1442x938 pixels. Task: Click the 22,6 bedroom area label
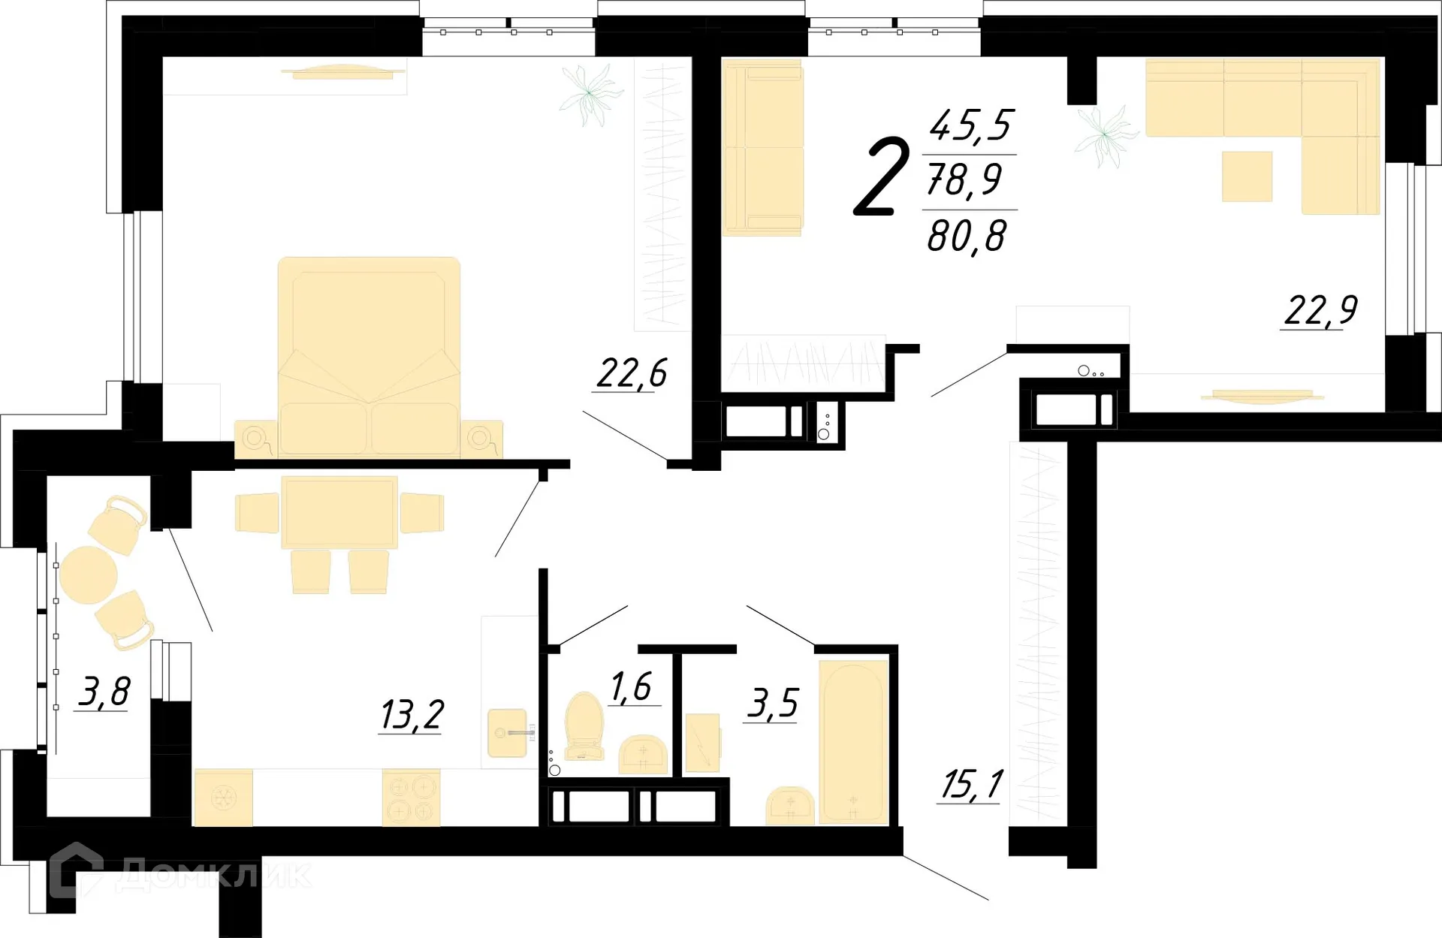(632, 373)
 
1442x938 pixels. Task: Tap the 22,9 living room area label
(1321, 310)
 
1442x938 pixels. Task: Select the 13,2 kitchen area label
(412, 714)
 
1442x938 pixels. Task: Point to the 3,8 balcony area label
(104, 692)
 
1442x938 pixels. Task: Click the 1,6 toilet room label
(631, 686)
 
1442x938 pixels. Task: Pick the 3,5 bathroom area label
(772, 704)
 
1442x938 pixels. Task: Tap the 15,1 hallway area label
(971, 785)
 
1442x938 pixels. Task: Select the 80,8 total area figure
(967, 237)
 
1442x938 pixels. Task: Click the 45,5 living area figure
(971, 125)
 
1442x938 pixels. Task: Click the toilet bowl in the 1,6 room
(584, 725)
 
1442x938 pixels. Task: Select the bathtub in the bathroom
(853, 741)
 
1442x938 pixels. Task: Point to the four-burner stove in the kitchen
(411, 798)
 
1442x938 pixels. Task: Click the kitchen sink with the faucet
(508, 733)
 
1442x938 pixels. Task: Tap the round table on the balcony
(88, 575)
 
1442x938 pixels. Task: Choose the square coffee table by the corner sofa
(1247, 176)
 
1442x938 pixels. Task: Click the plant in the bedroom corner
(591, 94)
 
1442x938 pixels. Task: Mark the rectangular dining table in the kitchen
(339, 512)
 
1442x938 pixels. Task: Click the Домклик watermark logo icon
(77, 871)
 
